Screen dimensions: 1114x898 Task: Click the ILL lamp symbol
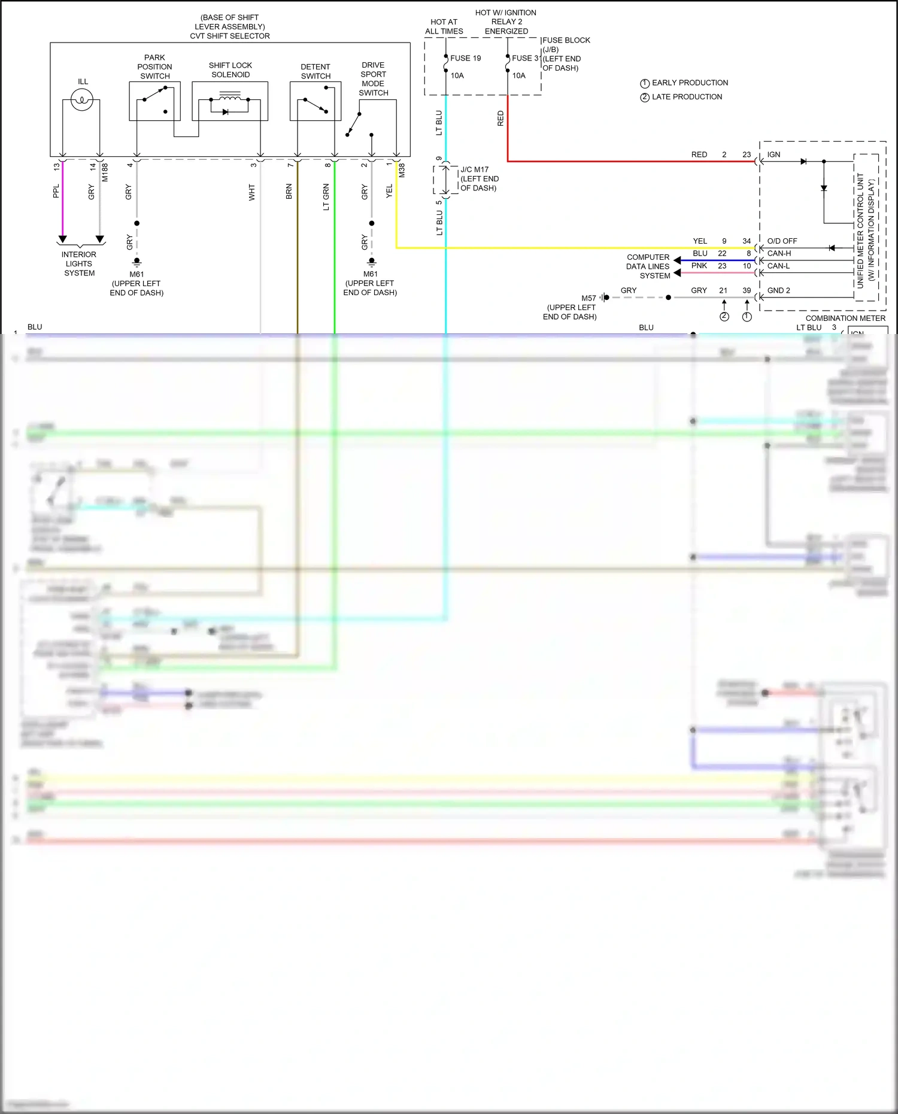click(x=81, y=100)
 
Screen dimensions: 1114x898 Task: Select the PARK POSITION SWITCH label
click(x=154, y=67)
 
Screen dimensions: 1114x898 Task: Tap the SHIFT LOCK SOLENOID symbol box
click(x=230, y=101)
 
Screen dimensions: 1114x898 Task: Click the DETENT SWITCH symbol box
click(x=315, y=101)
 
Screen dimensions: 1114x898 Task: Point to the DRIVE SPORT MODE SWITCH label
click(x=373, y=79)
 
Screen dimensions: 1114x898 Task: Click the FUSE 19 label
click(x=465, y=58)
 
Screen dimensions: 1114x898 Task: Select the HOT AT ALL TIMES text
click(x=444, y=26)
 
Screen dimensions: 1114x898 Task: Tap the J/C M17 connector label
click(x=474, y=169)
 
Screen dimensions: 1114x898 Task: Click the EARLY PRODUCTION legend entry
click(x=690, y=83)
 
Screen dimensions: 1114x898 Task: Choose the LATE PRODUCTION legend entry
click(x=687, y=97)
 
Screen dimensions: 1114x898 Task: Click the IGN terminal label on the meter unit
click(x=773, y=154)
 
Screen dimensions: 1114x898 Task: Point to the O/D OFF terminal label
click(x=782, y=241)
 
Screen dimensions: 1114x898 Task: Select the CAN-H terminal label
click(x=779, y=253)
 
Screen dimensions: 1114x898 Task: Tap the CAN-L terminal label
click(x=778, y=266)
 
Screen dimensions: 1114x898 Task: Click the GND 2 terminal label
click(x=778, y=290)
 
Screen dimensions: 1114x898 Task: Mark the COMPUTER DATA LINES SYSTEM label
click(x=648, y=266)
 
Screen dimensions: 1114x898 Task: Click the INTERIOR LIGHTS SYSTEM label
click(x=79, y=263)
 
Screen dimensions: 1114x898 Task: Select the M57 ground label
click(x=588, y=298)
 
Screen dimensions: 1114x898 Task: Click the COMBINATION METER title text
click(x=845, y=318)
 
